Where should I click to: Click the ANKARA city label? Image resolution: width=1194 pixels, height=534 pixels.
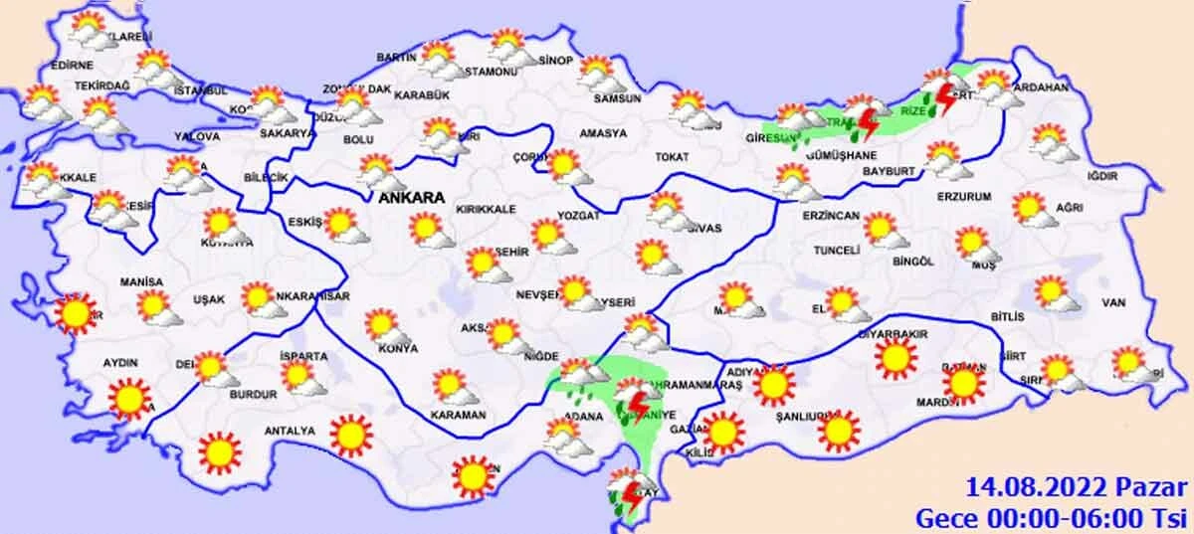pos(411,198)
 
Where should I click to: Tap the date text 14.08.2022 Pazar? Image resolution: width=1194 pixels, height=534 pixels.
pos(1077,488)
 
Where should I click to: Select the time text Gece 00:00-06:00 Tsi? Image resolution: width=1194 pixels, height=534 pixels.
pos(1051,517)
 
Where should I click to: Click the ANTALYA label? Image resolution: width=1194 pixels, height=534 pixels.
pos(289,431)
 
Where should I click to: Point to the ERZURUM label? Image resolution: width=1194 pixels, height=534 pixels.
pos(965,197)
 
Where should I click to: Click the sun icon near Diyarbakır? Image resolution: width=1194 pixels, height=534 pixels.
pos(895,357)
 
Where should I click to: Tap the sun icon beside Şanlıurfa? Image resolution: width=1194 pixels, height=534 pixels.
pos(839,429)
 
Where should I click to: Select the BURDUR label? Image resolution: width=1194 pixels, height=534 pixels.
pos(253,395)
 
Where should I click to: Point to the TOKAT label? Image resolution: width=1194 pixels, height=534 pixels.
pos(672,157)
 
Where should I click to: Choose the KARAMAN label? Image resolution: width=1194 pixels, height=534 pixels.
pos(459,414)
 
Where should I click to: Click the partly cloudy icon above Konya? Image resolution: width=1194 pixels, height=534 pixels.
pos(381,325)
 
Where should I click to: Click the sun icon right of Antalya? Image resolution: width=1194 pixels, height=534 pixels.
pos(350,434)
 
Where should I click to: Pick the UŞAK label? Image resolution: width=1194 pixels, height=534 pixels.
pos(209,299)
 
